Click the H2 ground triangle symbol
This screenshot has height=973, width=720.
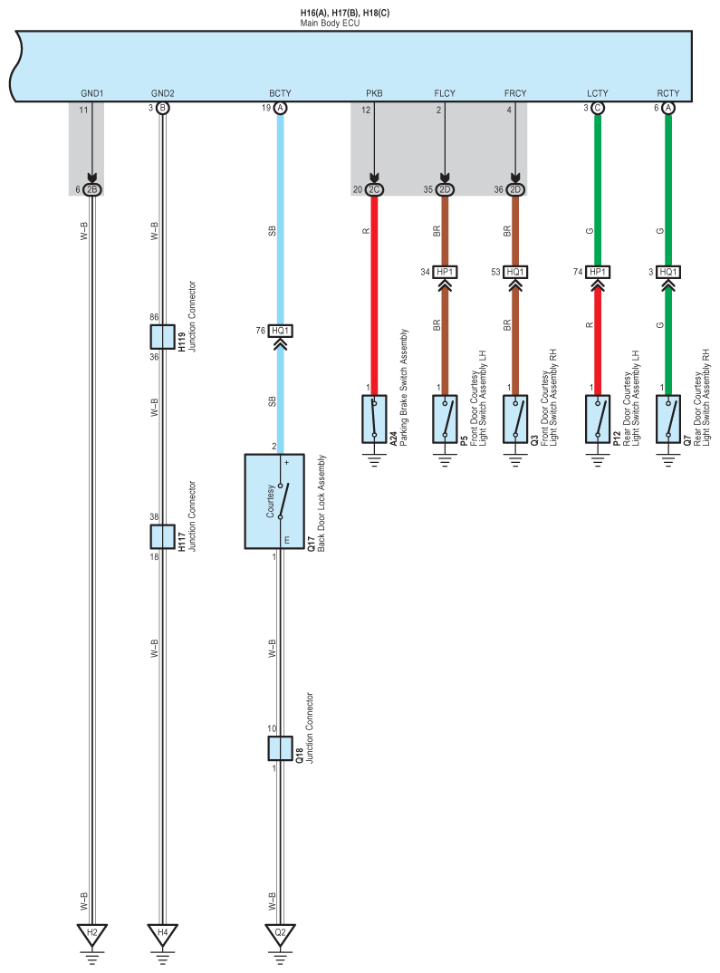click(91, 933)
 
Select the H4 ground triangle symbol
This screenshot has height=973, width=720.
click(163, 933)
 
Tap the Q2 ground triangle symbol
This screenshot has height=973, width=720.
click(280, 933)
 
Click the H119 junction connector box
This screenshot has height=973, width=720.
click(163, 336)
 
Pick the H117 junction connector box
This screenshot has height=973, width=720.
click(163, 536)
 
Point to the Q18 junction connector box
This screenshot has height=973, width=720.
click(280, 748)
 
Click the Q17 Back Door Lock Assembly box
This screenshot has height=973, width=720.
click(280, 501)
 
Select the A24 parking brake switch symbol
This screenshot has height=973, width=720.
click(373, 418)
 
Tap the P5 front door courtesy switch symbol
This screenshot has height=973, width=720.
click(445, 418)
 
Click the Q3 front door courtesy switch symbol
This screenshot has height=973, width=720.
click(515, 418)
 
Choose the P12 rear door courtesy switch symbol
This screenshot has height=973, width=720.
click(597, 418)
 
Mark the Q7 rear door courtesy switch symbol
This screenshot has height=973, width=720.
click(668, 418)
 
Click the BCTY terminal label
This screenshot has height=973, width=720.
click(280, 93)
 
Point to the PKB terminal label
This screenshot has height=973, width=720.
click(373, 93)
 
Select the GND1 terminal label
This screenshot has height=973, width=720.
click(91, 93)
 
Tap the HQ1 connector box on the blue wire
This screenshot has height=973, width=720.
click(280, 332)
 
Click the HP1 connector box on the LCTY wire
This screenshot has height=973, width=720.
click(597, 272)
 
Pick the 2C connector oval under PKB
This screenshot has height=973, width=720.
click(373, 189)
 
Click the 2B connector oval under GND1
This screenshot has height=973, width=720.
click(91, 189)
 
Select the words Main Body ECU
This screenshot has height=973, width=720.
click(330, 21)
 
